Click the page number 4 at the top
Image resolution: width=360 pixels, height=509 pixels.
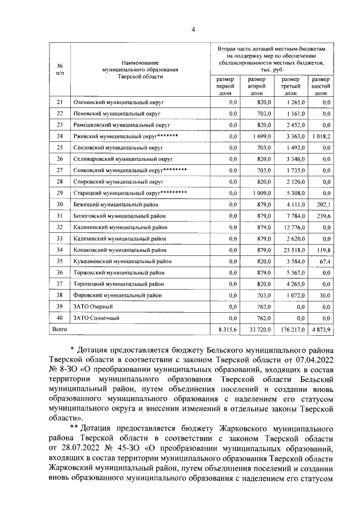point(193,30)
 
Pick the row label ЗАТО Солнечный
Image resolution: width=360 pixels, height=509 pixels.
point(93,318)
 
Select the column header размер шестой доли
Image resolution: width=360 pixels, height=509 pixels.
point(322,87)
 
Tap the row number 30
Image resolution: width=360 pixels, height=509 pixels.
point(60,205)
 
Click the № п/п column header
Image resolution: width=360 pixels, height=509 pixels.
point(60,69)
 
